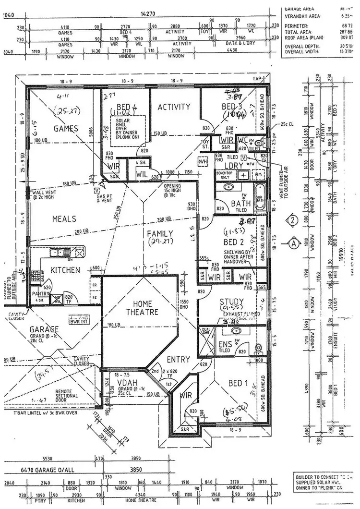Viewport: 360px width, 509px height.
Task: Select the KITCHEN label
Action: pyautogui.click(x=65, y=270)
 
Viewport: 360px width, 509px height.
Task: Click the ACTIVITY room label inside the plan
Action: pyautogui.click(x=174, y=107)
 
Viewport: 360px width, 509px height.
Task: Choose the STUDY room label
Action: pyautogui.click(x=231, y=302)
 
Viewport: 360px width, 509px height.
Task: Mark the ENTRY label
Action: pyautogui.click(x=178, y=359)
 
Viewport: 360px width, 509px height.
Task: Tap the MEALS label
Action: pyautogui.click(x=64, y=219)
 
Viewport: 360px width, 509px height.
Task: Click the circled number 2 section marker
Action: pyautogui.click(x=293, y=221)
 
